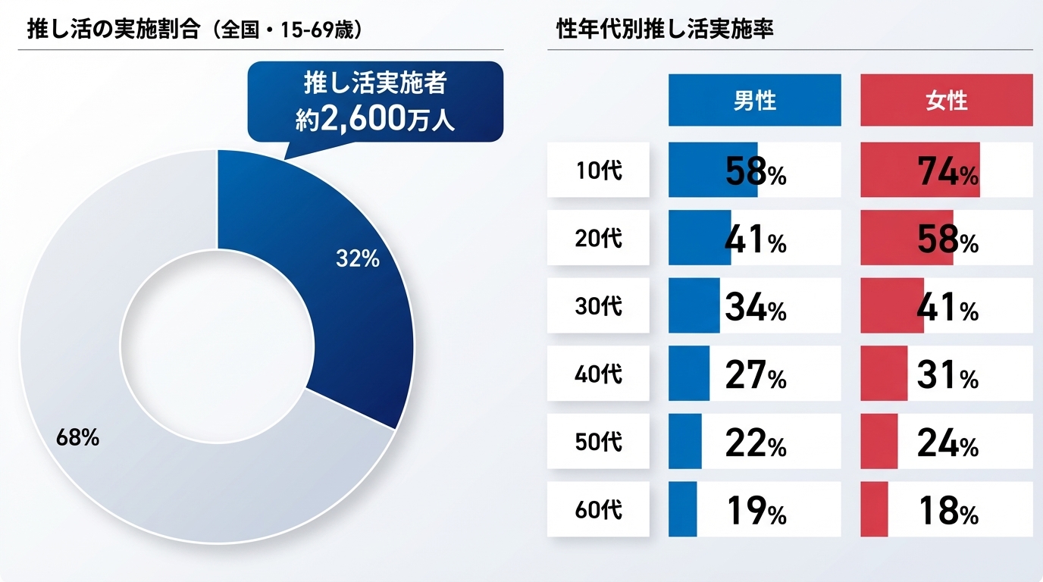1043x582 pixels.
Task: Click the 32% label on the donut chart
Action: point(357,259)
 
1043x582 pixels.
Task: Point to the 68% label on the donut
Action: point(77,438)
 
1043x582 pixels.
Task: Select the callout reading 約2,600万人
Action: point(375,102)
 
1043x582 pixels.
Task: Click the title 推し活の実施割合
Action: point(113,30)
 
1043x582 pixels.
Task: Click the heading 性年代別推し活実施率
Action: point(664,30)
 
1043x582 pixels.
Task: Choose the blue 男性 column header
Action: point(754,100)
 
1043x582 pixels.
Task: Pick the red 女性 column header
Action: point(946,100)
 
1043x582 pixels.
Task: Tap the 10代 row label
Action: point(598,171)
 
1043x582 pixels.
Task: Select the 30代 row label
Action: point(598,305)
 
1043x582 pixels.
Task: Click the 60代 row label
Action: point(598,509)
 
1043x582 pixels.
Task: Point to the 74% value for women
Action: point(947,173)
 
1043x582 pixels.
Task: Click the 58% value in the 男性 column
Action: point(756,173)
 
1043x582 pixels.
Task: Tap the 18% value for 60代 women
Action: point(947,511)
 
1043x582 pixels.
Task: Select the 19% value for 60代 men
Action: point(756,511)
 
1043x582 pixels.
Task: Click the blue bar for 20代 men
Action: point(699,237)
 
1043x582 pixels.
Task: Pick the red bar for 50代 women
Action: point(879,441)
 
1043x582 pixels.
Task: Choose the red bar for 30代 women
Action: point(891,305)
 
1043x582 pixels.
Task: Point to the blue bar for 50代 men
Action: point(684,441)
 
